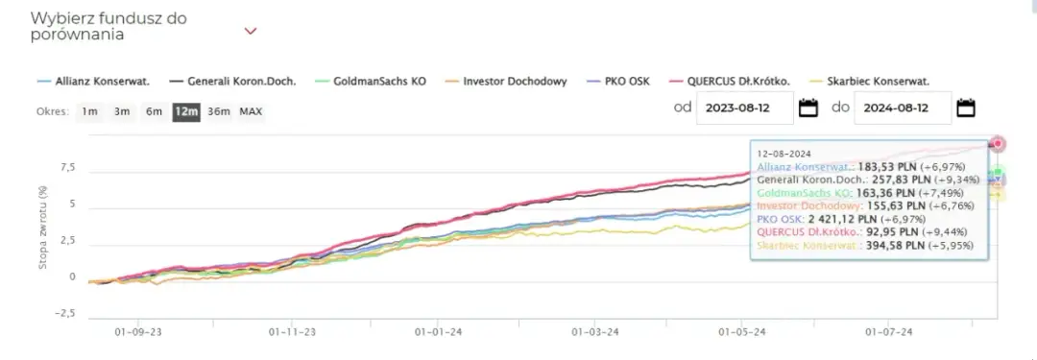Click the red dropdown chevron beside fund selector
tap(251, 31)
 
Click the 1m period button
tap(89, 111)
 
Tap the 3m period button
tap(122, 111)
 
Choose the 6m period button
tap(154, 111)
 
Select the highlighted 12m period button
tap(185, 111)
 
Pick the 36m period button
tap(219, 111)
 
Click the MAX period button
tap(251, 111)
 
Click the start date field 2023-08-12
tap(744, 108)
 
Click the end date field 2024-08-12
tap(902, 108)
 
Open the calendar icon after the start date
tap(808, 108)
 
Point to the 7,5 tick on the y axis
tap(67, 168)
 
